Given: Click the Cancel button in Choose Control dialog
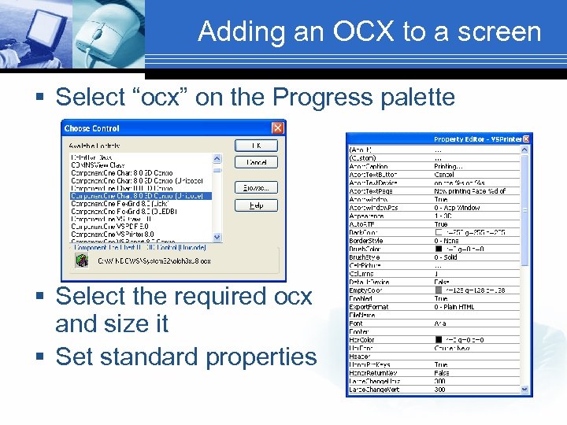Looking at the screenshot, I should [x=257, y=163].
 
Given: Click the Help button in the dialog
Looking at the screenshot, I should [x=257, y=205].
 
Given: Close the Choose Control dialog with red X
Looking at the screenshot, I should [x=277, y=128].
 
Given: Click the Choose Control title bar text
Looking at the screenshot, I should [x=92, y=128].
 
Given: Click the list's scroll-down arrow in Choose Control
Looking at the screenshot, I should [x=217, y=237].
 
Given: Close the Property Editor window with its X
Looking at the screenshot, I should [x=528, y=139].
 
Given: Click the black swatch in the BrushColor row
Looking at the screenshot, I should [x=439, y=249].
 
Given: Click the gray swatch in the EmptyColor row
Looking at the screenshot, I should [x=439, y=290].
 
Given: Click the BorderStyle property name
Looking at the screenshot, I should [x=366, y=241].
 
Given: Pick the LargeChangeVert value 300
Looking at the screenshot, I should [x=439, y=390].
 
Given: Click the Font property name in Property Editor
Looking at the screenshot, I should [x=356, y=323].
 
